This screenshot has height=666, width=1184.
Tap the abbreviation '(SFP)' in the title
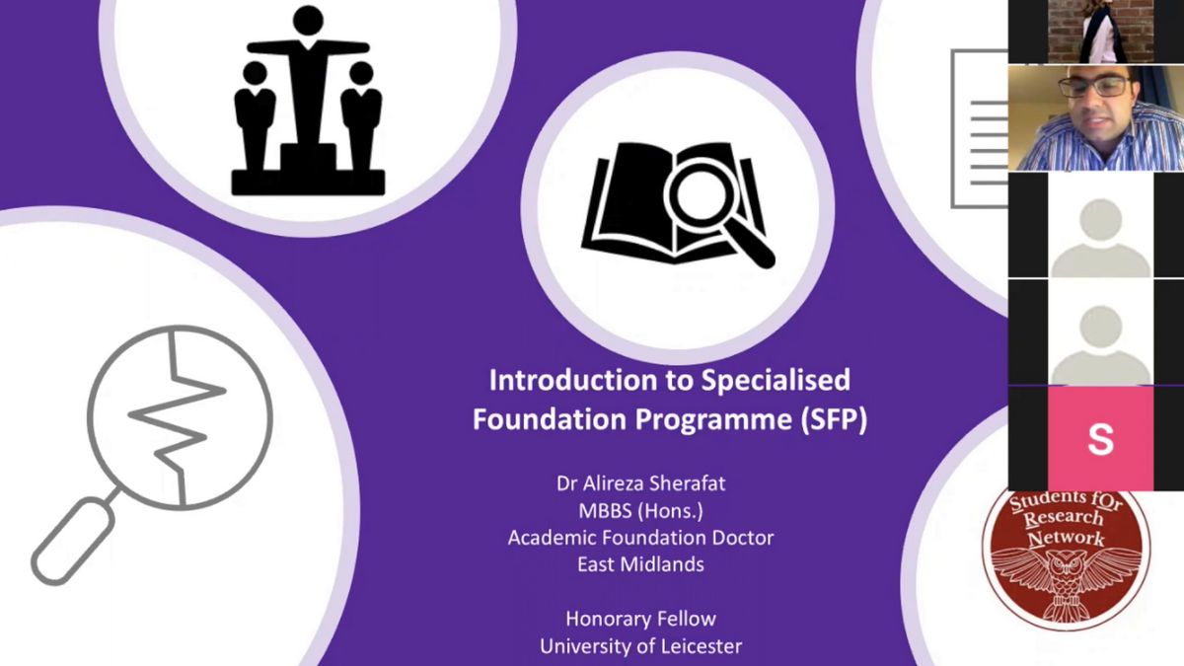[x=834, y=419]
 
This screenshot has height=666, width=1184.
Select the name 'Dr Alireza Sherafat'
[x=640, y=483]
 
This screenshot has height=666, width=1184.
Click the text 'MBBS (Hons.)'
[x=640, y=511]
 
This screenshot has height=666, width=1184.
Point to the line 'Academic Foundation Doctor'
[x=640, y=538]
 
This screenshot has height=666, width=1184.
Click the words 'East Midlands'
[x=640, y=564]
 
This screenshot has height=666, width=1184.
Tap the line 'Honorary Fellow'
[x=640, y=619]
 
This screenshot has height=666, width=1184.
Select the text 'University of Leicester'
[x=640, y=646]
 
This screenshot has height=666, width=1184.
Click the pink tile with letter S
[x=1100, y=438]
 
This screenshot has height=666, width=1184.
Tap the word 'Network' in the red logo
[x=1066, y=538]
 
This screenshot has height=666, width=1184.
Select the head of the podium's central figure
[x=308, y=21]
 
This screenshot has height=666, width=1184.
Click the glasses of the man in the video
[x=1095, y=86]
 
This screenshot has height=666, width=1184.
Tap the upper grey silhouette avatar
[x=1100, y=238]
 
